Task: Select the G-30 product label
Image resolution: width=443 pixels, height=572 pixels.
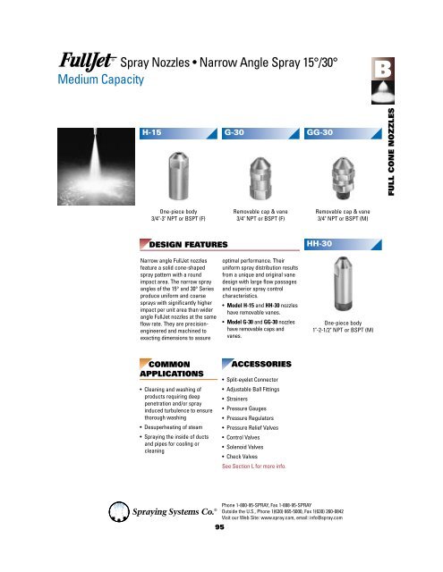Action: click(236, 132)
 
